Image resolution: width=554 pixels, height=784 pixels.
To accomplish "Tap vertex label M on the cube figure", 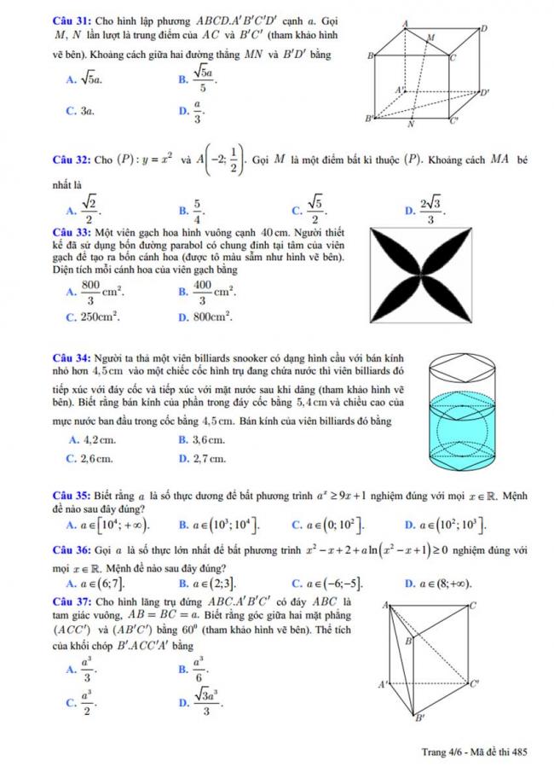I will (430, 39).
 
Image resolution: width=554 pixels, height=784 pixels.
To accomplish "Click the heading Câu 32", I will (69, 159).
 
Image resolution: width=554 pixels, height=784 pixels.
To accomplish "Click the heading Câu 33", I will (69, 233).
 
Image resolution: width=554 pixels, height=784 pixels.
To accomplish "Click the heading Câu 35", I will (69, 495).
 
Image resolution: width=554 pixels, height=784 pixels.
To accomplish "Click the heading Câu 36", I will (69, 549).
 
